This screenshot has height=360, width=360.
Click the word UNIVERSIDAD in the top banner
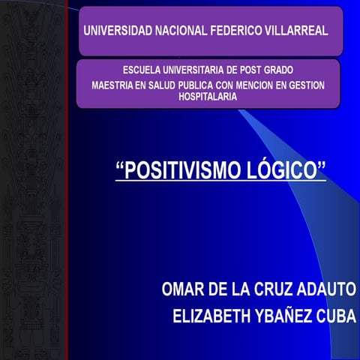coord(114,32)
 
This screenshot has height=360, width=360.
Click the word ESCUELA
coord(141,70)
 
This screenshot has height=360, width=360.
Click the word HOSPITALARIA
coord(208,97)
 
